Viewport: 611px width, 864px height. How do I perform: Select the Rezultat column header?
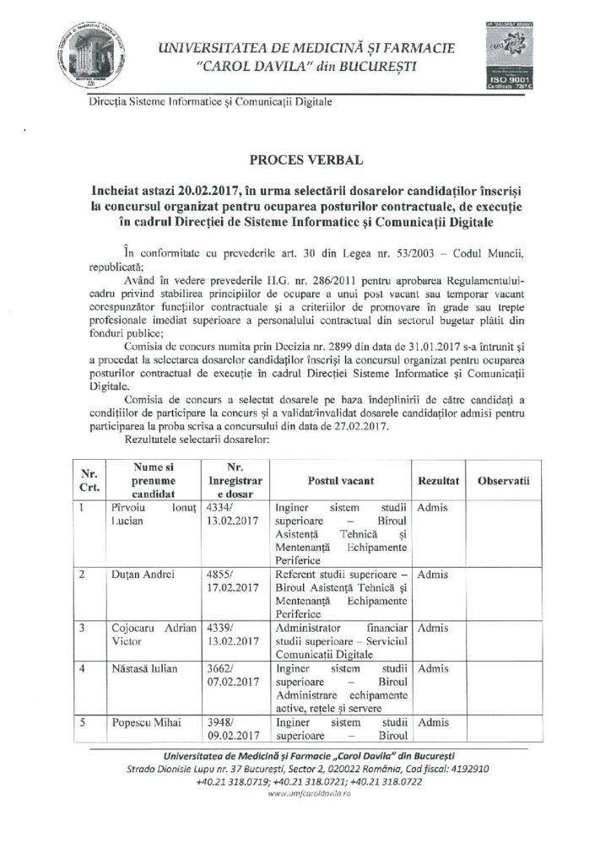pyautogui.click(x=437, y=479)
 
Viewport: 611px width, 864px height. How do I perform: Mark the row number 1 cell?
pyautogui.click(x=83, y=508)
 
